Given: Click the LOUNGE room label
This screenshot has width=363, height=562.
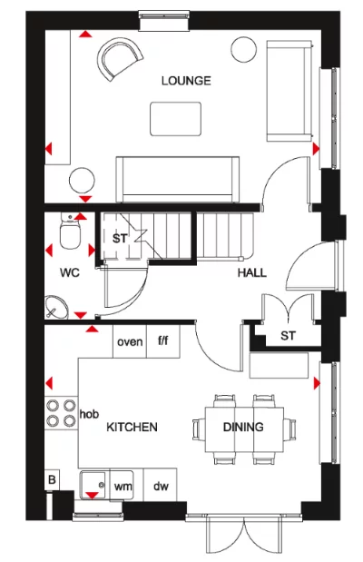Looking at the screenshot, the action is [186, 81].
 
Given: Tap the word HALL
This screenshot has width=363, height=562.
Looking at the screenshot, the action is [252, 272].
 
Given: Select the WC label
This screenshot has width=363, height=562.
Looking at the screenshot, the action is [70, 272].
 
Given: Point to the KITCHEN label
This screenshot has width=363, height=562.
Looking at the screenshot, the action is [132, 427].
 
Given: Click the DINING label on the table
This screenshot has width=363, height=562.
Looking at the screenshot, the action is [243, 427].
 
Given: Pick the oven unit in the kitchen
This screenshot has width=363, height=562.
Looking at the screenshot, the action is [130, 341].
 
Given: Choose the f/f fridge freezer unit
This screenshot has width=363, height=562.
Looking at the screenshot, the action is [163, 341].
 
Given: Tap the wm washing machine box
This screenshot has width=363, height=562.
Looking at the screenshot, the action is [122, 485].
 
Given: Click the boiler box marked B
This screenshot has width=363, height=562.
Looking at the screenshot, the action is [52, 479].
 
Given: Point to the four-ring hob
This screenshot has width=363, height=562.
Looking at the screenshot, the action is [61, 413].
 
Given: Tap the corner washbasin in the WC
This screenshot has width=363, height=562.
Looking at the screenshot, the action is [56, 307].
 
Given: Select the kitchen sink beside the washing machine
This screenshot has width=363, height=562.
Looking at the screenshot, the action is [93, 486].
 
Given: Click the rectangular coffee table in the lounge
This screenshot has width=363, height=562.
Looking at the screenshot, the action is [175, 119].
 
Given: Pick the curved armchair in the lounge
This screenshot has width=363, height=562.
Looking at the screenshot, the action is [120, 58].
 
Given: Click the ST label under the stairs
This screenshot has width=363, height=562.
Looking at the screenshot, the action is [119, 239].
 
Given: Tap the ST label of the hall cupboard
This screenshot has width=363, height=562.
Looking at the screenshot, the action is [288, 336].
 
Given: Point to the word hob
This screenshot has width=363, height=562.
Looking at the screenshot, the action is [89, 414].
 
